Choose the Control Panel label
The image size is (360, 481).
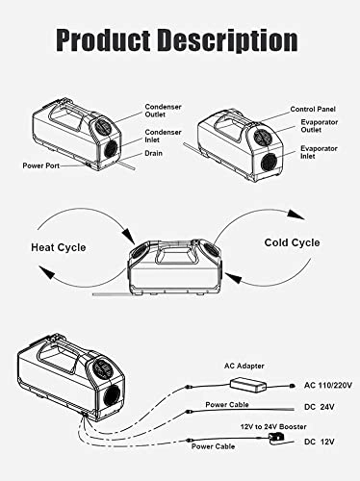[x=312, y=111]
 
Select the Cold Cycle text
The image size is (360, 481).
[x=293, y=243]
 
